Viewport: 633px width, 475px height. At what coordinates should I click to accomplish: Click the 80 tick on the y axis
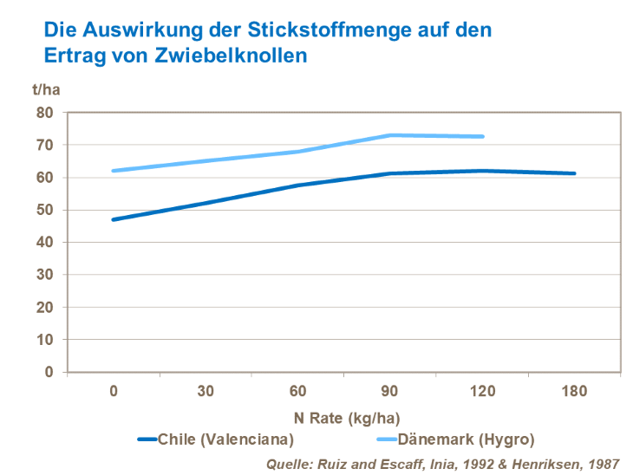click(45, 113)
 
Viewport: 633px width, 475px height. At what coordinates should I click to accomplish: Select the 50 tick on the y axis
click(45, 210)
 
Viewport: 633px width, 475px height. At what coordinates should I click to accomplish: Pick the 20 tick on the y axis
click(45, 307)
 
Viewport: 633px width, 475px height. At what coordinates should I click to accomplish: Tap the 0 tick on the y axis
click(49, 372)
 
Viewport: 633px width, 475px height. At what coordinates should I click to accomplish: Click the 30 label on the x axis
click(206, 392)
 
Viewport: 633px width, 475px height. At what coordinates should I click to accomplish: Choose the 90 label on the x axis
click(390, 392)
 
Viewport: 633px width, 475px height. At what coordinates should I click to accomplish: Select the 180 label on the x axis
click(574, 392)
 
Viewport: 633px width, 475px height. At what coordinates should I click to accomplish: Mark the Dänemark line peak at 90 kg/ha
click(390, 135)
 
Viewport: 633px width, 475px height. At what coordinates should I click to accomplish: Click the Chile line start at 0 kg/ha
click(114, 219)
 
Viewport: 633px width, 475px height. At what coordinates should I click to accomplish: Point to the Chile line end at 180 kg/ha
click(574, 173)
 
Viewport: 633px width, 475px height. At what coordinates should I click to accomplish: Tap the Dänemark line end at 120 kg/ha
click(482, 137)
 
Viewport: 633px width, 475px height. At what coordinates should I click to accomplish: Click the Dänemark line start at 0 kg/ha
click(114, 171)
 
